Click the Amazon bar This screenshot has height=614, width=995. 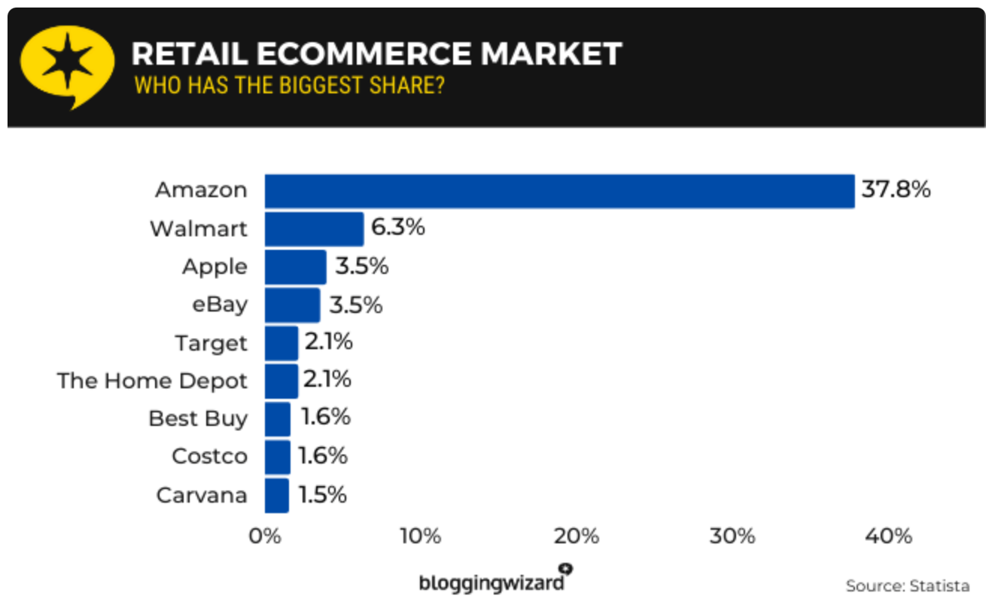tap(559, 191)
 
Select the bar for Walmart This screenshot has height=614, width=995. tap(314, 229)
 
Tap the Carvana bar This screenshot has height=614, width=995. tap(276, 495)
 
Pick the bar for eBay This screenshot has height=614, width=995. tap(292, 305)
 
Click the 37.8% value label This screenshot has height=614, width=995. tap(896, 189)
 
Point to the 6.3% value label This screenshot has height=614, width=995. tap(397, 227)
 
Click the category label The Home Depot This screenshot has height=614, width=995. tap(152, 381)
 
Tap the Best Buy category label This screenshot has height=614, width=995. tap(198, 418)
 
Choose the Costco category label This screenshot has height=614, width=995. tap(209, 457)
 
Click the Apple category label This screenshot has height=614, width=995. tap(215, 266)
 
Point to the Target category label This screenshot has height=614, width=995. tap(211, 343)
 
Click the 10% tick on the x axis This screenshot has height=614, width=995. tap(420, 536)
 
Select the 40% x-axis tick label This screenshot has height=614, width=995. tap(889, 536)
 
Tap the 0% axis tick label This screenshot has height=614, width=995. tap(265, 536)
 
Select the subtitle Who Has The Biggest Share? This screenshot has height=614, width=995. tap(289, 85)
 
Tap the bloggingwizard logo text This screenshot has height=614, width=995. tap(491, 582)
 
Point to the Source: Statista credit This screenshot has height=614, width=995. tap(907, 585)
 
